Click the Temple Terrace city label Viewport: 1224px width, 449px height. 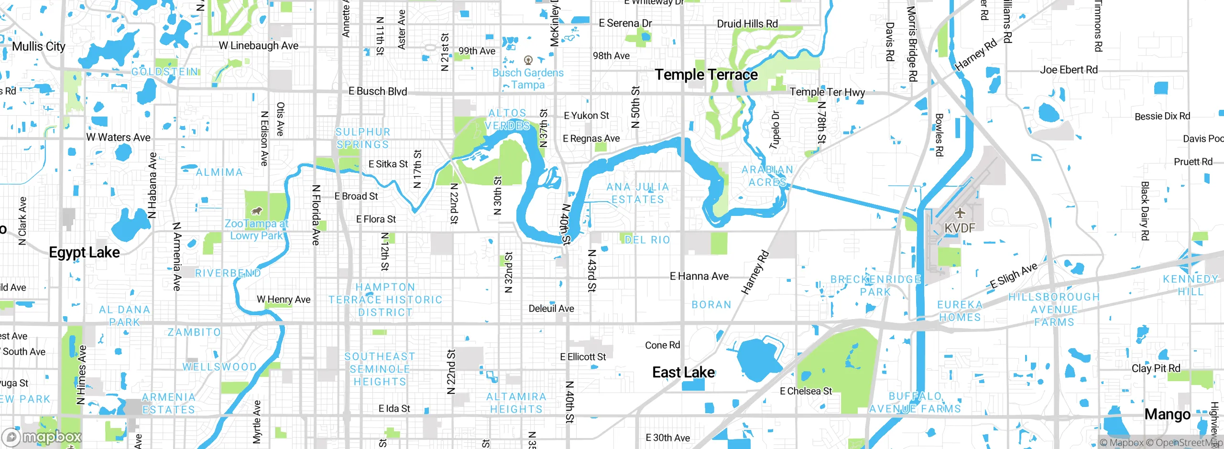tap(706, 75)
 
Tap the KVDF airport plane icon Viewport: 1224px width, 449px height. tap(960, 213)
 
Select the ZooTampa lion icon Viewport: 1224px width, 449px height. tap(256, 211)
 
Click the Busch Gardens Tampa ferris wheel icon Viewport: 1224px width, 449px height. tap(528, 60)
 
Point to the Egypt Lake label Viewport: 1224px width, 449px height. tap(85, 252)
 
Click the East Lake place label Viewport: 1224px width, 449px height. tap(683, 373)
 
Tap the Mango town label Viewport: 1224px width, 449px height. tap(1167, 415)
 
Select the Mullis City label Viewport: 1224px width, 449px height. tap(39, 47)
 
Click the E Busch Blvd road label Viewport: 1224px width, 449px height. tap(378, 91)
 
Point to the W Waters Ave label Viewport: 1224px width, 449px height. tap(118, 138)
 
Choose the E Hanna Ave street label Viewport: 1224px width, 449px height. tap(699, 276)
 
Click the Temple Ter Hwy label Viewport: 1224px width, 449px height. tap(827, 92)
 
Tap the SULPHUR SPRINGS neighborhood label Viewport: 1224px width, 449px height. tap(362, 138)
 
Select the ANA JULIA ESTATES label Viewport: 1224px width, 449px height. tap(638, 193)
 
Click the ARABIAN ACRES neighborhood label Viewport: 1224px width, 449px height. tap(767, 176)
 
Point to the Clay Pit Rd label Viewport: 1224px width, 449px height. tap(1156, 368)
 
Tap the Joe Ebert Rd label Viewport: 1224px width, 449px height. tap(1069, 70)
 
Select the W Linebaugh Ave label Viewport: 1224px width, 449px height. tap(259, 46)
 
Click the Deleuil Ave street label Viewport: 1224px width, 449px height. tap(551, 309)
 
